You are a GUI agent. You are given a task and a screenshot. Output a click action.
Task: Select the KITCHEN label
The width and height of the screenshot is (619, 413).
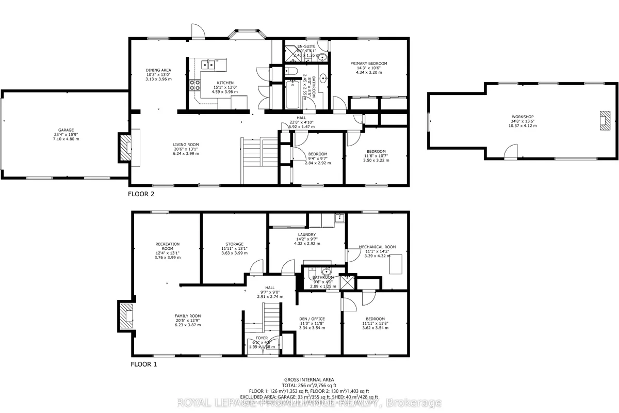click(225, 83)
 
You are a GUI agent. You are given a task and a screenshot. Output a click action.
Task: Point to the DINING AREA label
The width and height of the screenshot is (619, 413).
click(158, 70)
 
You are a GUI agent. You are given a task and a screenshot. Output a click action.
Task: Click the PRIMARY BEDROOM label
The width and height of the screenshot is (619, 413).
click(369, 63)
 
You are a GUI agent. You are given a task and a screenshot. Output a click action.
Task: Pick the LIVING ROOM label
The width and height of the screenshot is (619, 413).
click(186, 145)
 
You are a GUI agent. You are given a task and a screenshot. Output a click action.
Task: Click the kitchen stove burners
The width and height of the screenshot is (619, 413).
click(195, 85)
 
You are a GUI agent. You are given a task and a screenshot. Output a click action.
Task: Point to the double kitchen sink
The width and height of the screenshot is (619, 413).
click(208, 65)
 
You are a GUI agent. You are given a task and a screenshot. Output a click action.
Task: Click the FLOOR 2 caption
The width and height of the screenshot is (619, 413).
click(141, 194)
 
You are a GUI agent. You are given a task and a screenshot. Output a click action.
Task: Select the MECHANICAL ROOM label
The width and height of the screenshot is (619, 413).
click(378, 247)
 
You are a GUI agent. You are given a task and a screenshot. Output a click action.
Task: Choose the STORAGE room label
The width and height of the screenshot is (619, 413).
click(234, 244)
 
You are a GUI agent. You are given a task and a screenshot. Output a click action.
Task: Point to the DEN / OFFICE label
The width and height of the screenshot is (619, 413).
click(312, 319)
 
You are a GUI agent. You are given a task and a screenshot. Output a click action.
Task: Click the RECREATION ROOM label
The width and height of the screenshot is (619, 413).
click(167, 246)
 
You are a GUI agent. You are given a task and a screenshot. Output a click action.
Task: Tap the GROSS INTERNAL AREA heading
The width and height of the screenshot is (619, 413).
click(309, 379)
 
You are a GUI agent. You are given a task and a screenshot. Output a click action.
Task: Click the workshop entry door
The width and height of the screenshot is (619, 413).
click(510, 152)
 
